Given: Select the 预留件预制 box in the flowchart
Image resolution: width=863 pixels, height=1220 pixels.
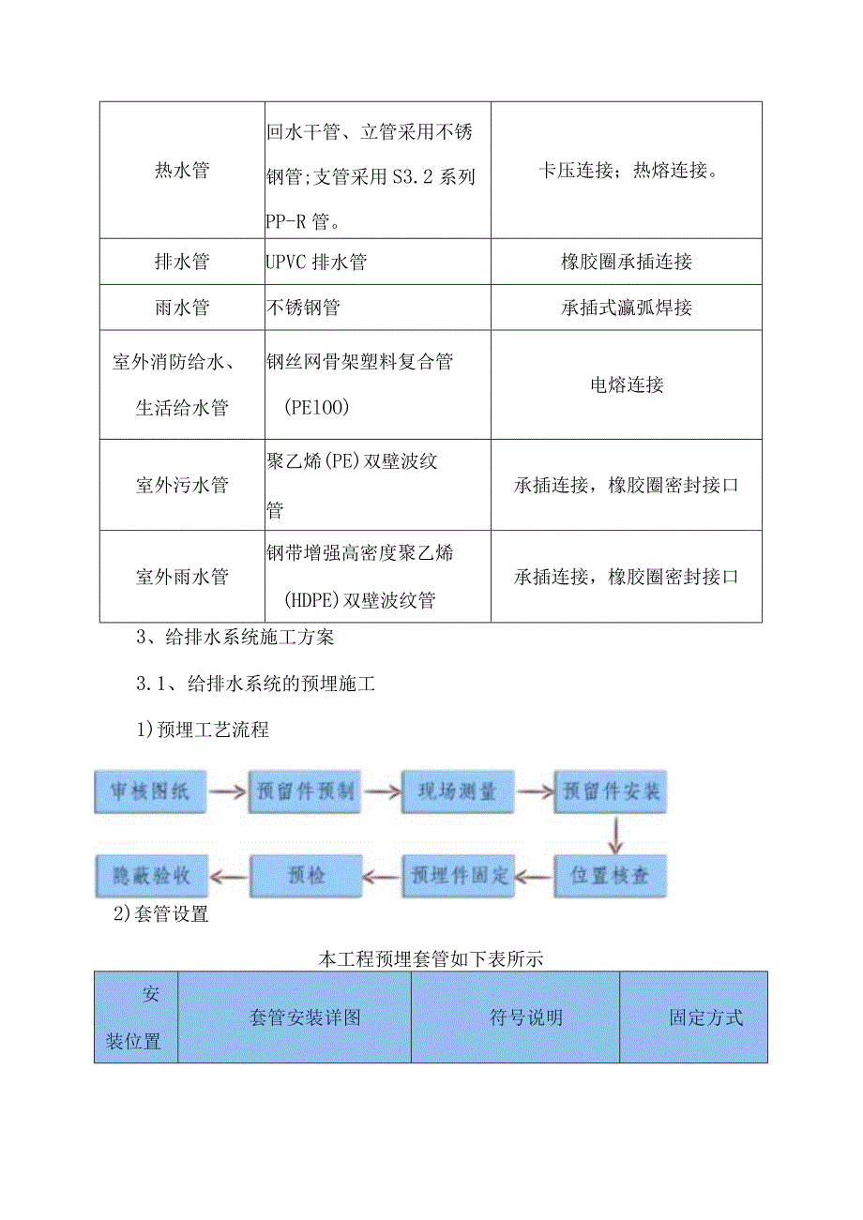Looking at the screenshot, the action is pyautogui.click(x=303, y=791).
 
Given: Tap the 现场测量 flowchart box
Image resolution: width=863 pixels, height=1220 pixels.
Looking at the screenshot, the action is pyautogui.click(x=457, y=791).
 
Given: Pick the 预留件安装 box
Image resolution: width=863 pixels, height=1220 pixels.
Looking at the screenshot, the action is pyautogui.click(x=611, y=791).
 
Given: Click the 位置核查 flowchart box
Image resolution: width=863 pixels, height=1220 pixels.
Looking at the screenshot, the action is pyautogui.click(x=611, y=876).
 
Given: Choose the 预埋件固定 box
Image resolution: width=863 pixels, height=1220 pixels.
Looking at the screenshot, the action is pyautogui.click(x=458, y=876).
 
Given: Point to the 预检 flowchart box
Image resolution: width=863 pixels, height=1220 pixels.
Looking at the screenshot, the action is pyautogui.click(x=304, y=876).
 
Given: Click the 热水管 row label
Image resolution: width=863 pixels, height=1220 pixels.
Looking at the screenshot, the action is pyautogui.click(x=182, y=171).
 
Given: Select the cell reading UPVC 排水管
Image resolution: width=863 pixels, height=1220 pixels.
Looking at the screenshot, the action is pyautogui.click(x=316, y=262).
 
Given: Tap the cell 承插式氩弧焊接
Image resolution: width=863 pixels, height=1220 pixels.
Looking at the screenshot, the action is pyautogui.click(x=626, y=308).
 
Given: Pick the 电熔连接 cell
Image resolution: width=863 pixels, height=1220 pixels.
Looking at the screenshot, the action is pyautogui.click(x=626, y=384).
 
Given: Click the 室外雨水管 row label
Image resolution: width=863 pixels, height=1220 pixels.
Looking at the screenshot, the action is pyautogui.click(x=182, y=577).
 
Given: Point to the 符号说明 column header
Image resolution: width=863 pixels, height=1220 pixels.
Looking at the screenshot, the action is pyautogui.click(x=515, y=1017).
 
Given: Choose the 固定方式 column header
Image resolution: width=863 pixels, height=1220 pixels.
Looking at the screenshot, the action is pyautogui.click(x=693, y=1017).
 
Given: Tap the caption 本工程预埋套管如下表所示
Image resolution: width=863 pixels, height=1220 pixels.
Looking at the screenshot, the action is pyautogui.click(x=431, y=959).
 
